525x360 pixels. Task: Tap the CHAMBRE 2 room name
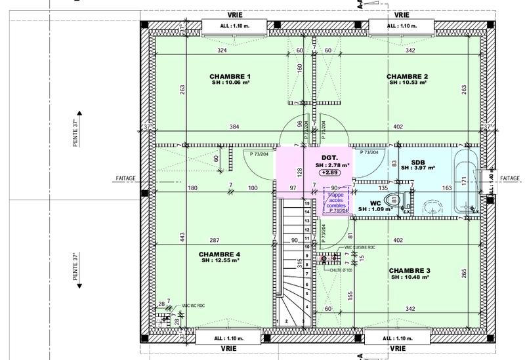coord(408,77)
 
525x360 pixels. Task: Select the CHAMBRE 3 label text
coord(409,270)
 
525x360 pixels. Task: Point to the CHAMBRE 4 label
coord(220,254)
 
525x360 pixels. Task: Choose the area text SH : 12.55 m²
coord(220,261)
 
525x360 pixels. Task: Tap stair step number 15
coord(306,204)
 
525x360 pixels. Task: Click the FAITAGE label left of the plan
coord(125,178)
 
